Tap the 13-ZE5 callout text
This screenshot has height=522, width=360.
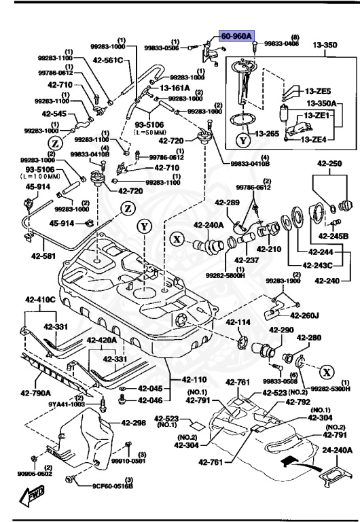[317, 90]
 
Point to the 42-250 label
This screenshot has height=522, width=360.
[328, 164]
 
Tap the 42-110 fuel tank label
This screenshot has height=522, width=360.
[195, 379]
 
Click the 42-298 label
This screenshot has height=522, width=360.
[134, 422]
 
